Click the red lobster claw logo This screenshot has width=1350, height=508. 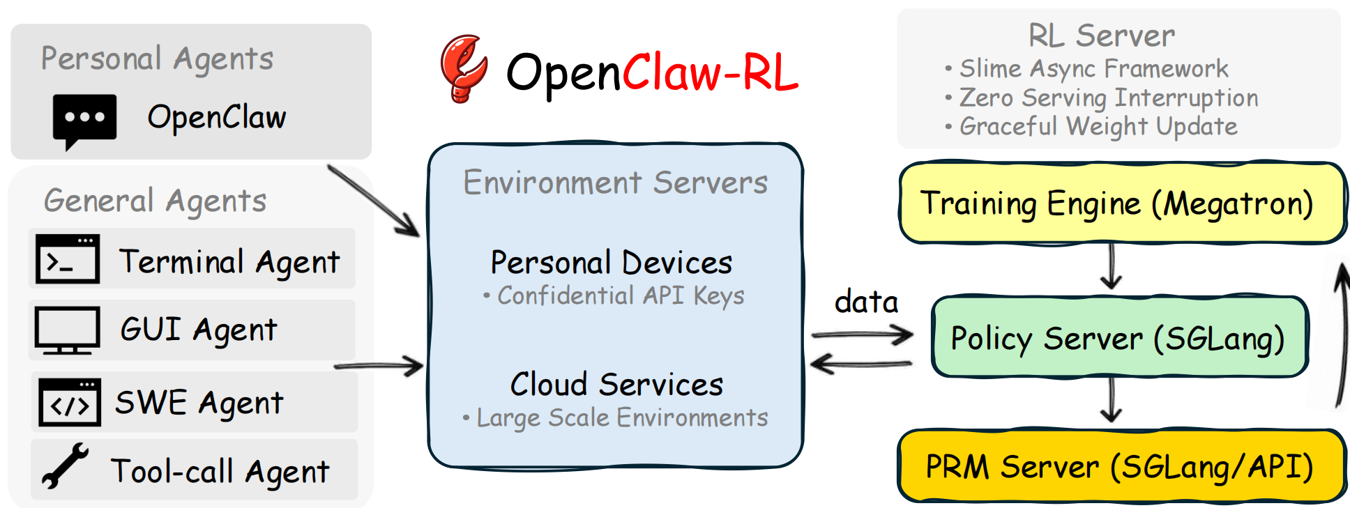click(464, 69)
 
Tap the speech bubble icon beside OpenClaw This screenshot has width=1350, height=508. click(84, 120)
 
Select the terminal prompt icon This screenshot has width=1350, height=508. click(68, 259)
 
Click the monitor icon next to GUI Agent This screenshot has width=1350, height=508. click(68, 330)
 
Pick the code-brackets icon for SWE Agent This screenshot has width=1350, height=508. click(70, 402)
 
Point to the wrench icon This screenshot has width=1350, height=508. click(64, 465)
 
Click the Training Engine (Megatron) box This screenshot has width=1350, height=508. click(1121, 203)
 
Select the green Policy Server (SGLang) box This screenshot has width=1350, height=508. click(1118, 338)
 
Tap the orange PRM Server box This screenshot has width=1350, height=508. click(1121, 466)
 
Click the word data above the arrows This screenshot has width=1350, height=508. click(866, 302)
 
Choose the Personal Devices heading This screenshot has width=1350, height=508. click(612, 263)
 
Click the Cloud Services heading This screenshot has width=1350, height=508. click(616, 385)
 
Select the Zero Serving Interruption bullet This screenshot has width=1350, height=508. click(1108, 98)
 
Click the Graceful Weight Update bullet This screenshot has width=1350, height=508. click(1098, 127)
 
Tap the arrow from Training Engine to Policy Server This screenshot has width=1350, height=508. click(1111, 268)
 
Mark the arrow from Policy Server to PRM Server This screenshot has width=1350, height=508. click(1111, 402)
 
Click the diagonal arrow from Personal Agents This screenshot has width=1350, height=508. click(374, 201)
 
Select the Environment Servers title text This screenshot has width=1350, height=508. click(615, 183)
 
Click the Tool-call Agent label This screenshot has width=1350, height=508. click(220, 472)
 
